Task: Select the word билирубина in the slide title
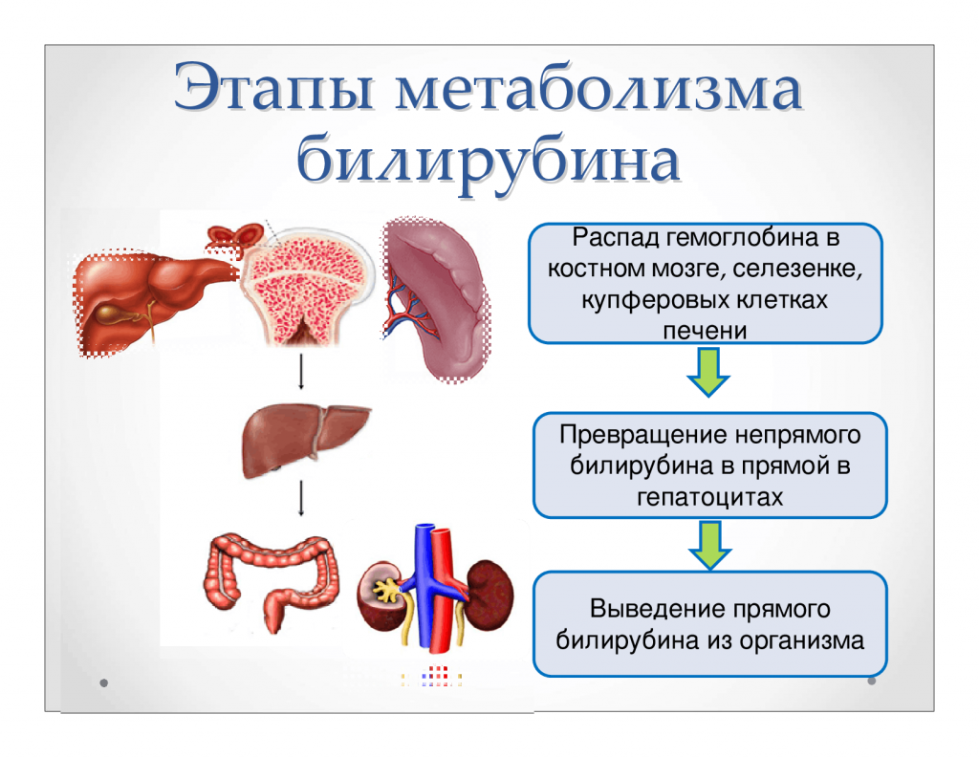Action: [x=489, y=161]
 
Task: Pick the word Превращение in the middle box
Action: [x=643, y=435]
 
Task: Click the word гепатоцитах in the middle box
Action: [x=708, y=497]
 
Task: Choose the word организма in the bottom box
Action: [x=799, y=639]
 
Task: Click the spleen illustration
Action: [x=440, y=296]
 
